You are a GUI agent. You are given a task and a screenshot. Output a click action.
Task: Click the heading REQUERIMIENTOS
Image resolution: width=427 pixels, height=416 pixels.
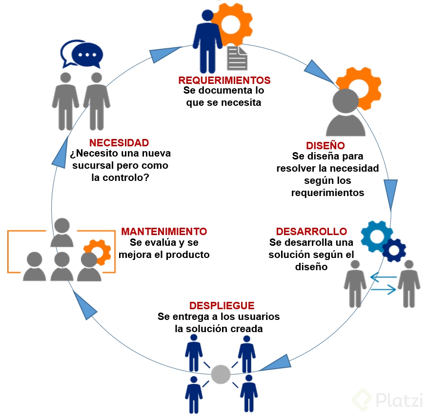click(x=224, y=80)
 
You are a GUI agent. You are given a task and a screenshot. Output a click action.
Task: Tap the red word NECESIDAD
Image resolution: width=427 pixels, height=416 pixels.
click(x=119, y=143)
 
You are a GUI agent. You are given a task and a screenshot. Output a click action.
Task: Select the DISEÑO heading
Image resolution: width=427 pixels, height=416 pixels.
click(x=325, y=145)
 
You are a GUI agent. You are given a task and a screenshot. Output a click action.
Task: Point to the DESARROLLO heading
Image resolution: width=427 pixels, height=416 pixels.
click(x=311, y=231)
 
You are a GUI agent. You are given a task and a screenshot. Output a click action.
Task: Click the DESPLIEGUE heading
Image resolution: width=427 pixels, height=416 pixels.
click(x=222, y=306)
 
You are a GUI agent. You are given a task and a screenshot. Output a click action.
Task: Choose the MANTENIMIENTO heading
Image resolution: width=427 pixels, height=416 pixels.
click(x=164, y=231)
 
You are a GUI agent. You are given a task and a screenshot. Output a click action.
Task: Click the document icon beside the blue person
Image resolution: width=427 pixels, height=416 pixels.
click(x=238, y=59)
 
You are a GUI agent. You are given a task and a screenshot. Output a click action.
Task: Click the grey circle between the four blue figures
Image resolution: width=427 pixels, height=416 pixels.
click(x=221, y=375)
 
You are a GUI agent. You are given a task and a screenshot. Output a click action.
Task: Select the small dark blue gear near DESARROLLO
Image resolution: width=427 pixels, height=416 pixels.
click(x=394, y=250)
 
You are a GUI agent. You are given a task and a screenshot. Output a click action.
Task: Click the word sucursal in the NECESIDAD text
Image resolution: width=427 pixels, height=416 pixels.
click(x=91, y=165)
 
